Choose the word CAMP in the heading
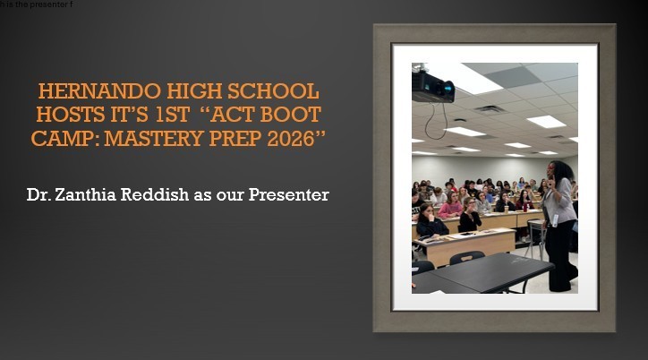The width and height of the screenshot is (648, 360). pyautogui.click(x=63, y=138)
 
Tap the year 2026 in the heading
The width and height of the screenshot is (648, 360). pyautogui.click(x=295, y=138)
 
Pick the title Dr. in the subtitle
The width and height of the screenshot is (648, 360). pyautogui.click(x=39, y=194)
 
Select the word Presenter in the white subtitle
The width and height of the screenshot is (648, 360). pyautogui.click(x=286, y=194)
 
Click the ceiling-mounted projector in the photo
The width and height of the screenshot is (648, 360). pyautogui.click(x=432, y=86)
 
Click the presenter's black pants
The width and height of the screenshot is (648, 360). pyautogui.click(x=562, y=260)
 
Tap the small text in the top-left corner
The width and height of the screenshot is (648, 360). pyautogui.click(x=36, y=4)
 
